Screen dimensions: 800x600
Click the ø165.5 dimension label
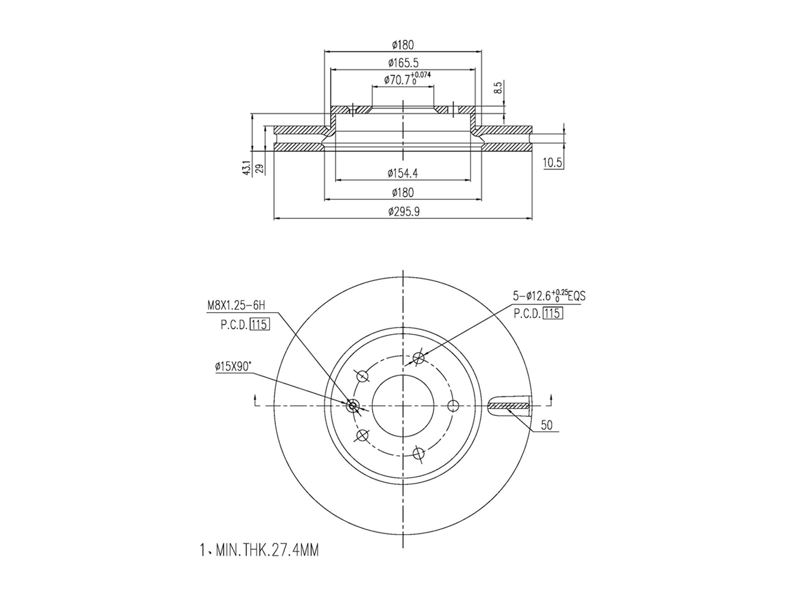(x=403, y=63)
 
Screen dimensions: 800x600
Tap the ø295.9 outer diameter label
(x=403, y=212)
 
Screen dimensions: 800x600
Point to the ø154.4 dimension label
(x=402, y=173)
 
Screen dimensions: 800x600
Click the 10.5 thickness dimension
(x=552, y=162)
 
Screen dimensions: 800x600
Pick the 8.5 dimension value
(x=498, y=89)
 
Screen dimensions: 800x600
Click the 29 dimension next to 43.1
(x=259, y=168)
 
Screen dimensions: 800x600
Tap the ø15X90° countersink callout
(x=233, y=367)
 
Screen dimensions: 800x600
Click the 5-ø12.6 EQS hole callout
(x=549, y=296)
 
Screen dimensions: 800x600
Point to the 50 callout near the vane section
(x=546, y=425)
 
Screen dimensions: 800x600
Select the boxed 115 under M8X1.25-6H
(x=259, y=324)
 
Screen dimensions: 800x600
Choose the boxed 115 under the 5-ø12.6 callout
(x=552, y=313)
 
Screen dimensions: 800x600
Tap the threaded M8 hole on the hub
(x=353, y=405)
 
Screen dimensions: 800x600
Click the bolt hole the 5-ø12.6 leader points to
(x=419, y=358)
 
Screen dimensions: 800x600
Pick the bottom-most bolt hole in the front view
(x=418, y=453)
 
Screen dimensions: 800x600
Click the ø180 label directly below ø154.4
(x=402, y=192)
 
